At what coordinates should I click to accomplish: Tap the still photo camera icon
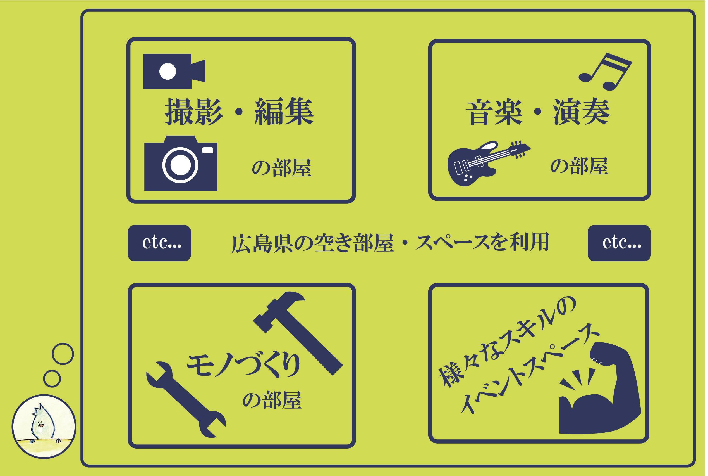181,163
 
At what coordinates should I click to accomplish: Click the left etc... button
159,243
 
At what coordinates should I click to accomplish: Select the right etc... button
619,243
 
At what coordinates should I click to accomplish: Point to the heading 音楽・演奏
538,113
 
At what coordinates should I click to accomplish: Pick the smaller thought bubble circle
52,378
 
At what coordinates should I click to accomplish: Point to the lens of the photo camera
181,165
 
